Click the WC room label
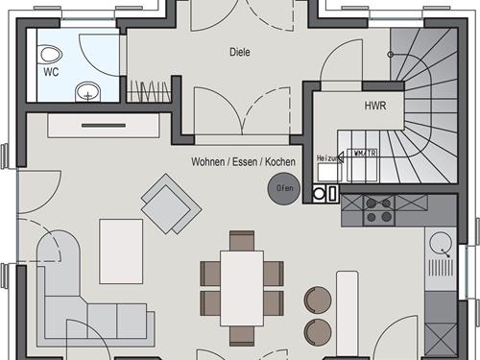point(50,71)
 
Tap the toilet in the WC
point(51,54)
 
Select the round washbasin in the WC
point(87,92)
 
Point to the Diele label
point(239,52)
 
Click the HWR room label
point(374,107)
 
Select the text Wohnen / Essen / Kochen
point(243,162)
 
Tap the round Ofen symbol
point(285,188)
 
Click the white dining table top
point(241,287)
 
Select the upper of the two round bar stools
point(317,300)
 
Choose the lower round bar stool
point(317,331)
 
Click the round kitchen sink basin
point(443,242)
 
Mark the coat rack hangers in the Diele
point(148,91)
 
